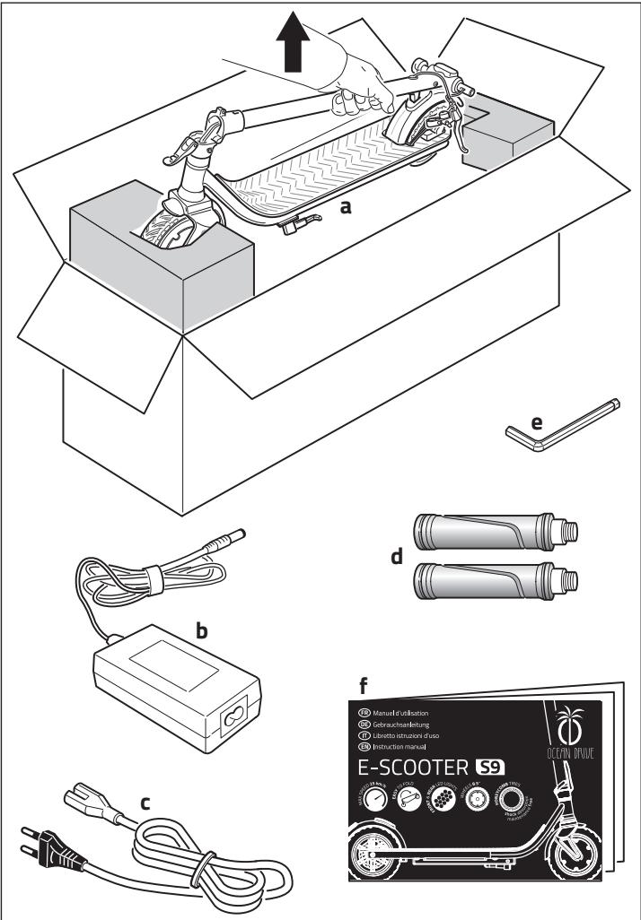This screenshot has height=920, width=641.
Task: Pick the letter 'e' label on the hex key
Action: tap(538, 422)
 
